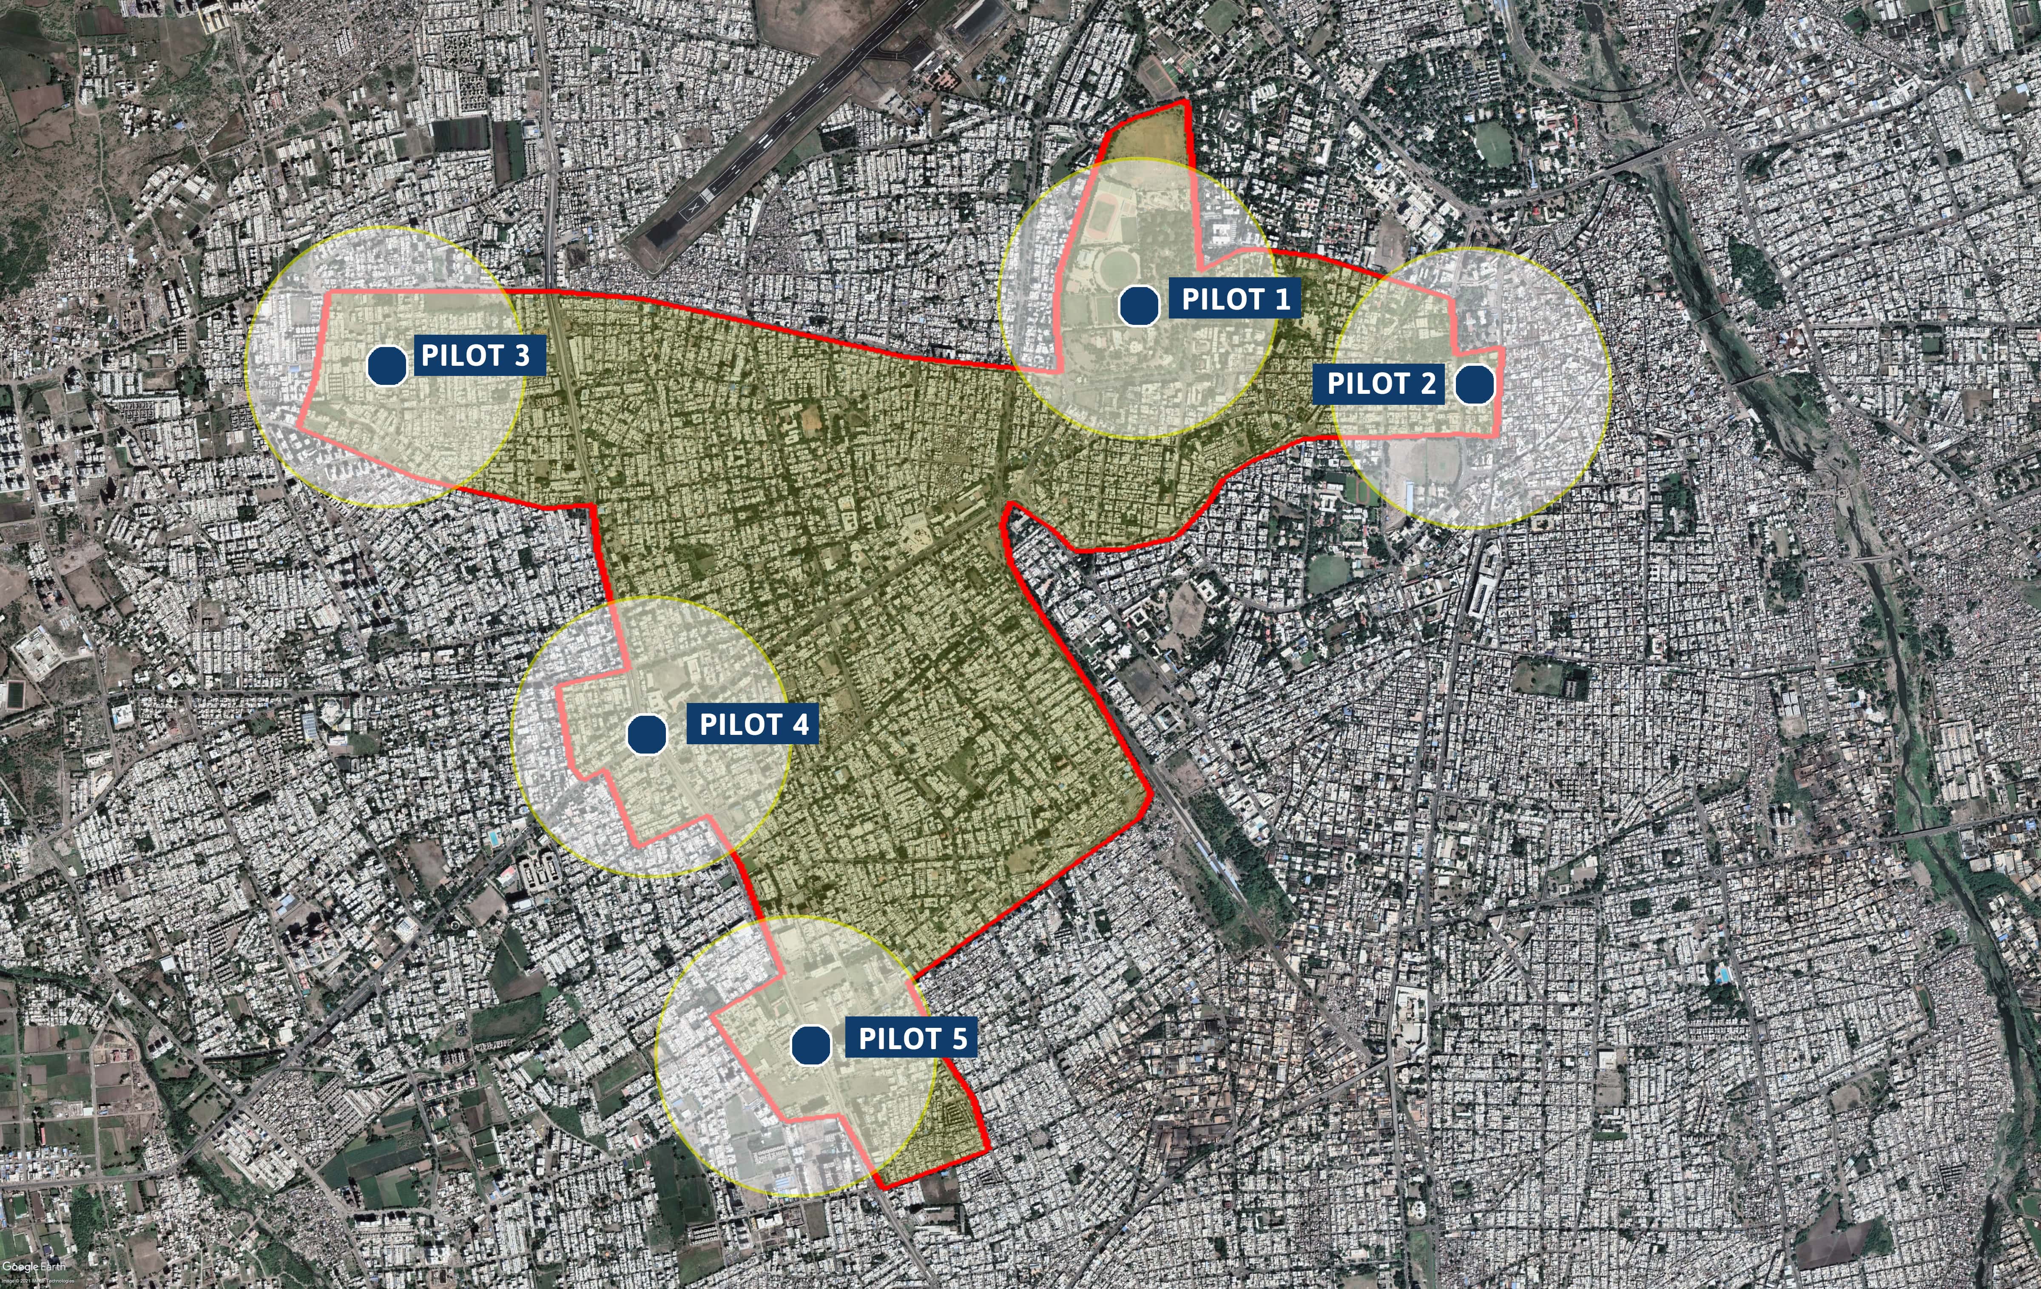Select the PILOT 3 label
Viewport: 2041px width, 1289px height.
(475, 355)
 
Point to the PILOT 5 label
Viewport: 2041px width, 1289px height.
(912, 1039)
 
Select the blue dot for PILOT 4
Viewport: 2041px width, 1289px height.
(647, 734)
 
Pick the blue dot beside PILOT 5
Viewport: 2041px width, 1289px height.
(810, 1045)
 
